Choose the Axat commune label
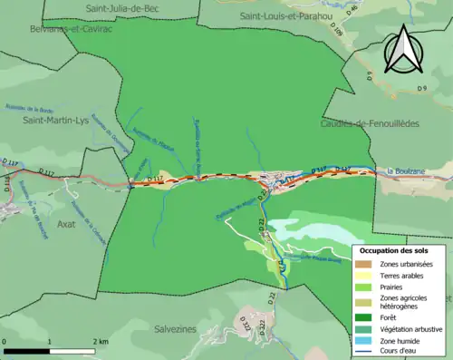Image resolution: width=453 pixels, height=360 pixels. (67, 222)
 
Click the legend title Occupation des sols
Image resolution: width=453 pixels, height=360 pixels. (395, 249)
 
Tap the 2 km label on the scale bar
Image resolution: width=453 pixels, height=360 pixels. (99, 341)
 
